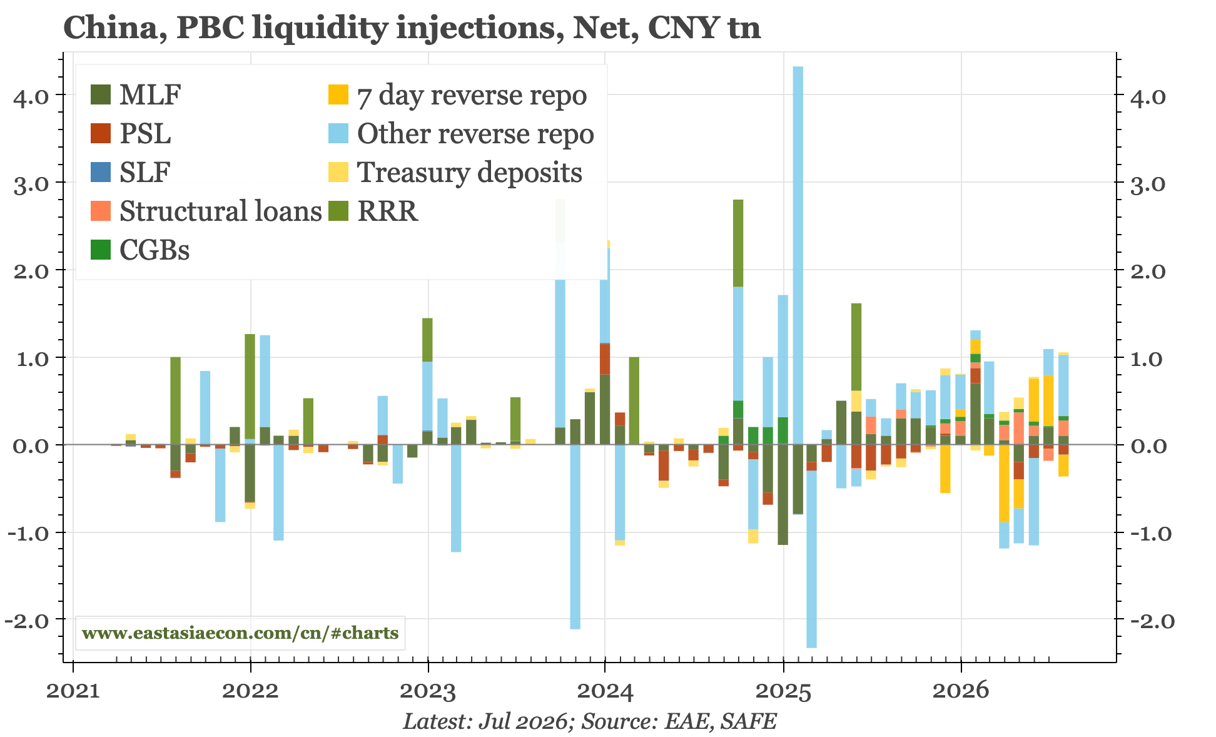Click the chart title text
(412, 28)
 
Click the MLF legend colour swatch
(100, 95)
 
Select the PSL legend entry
(131, 134)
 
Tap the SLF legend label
(144, 173)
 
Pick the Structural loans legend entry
(206, 211)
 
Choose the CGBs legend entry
(140, 250)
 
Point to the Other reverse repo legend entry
(461, 134)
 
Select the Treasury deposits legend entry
(455, 173)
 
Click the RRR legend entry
(373, 211)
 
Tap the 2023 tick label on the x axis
(428, 691)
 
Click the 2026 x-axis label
(961, 691)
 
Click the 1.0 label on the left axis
(31, 358)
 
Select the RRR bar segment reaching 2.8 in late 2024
(738, 243)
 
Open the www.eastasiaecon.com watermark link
(240, 633)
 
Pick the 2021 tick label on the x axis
(73, 691)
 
